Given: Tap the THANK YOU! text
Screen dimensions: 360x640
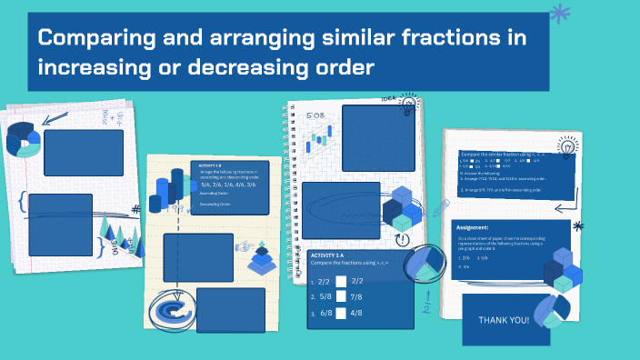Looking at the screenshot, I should coord(503,320).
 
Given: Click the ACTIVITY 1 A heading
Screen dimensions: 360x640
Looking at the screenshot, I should coord(327,255).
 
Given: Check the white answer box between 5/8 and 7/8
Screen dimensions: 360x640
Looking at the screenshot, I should coord(341,296).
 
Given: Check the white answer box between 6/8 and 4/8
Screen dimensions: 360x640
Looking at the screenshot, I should coord(341,313).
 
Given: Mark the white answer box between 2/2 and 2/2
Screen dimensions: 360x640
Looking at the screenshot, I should coord(341,281).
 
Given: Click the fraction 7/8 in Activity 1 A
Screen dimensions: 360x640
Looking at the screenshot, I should coord(356,296).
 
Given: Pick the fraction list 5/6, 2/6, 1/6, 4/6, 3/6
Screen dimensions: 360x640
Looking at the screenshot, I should coord(227,184).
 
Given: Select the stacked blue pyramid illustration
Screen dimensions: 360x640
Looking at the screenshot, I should coord(261,260).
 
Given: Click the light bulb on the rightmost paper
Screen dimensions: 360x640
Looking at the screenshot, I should coord(569,146).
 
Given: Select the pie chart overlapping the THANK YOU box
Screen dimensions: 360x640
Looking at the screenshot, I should coord(551,307).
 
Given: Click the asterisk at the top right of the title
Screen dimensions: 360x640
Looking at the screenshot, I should coord(561,13).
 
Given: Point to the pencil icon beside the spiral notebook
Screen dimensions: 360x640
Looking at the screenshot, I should coord(440,208).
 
